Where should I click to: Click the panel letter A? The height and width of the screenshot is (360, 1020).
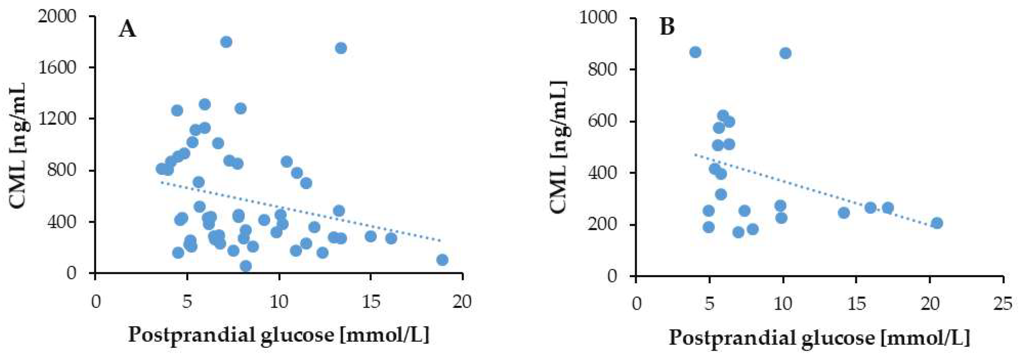(x=127, y=29)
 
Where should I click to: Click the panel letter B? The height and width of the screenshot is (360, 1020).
(x=667, y=27)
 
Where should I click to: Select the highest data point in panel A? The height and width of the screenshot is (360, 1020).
(x=226, y=42)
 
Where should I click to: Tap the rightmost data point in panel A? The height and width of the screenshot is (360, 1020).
(x=442, y=260)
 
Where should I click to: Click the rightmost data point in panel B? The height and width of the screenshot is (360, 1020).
(x=937, y=223)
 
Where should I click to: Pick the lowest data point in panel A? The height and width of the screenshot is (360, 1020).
(x=245, y=266)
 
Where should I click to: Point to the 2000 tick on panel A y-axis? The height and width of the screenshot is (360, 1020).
(x=57, y=16)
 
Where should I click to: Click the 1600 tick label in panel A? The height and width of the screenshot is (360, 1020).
(x=57, y=67)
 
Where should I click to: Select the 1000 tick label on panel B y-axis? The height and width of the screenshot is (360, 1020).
(x=598, y=18)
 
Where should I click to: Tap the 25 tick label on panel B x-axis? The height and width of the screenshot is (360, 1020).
(x=1003, y=304)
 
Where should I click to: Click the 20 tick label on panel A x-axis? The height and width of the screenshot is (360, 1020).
(x=462, y=302)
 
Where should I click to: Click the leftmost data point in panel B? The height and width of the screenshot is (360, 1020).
(x=695, y=52)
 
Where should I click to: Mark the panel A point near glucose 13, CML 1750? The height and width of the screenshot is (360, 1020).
(x=341, y=48)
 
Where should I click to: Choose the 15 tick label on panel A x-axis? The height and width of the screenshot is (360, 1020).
(x=371, y=302)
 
